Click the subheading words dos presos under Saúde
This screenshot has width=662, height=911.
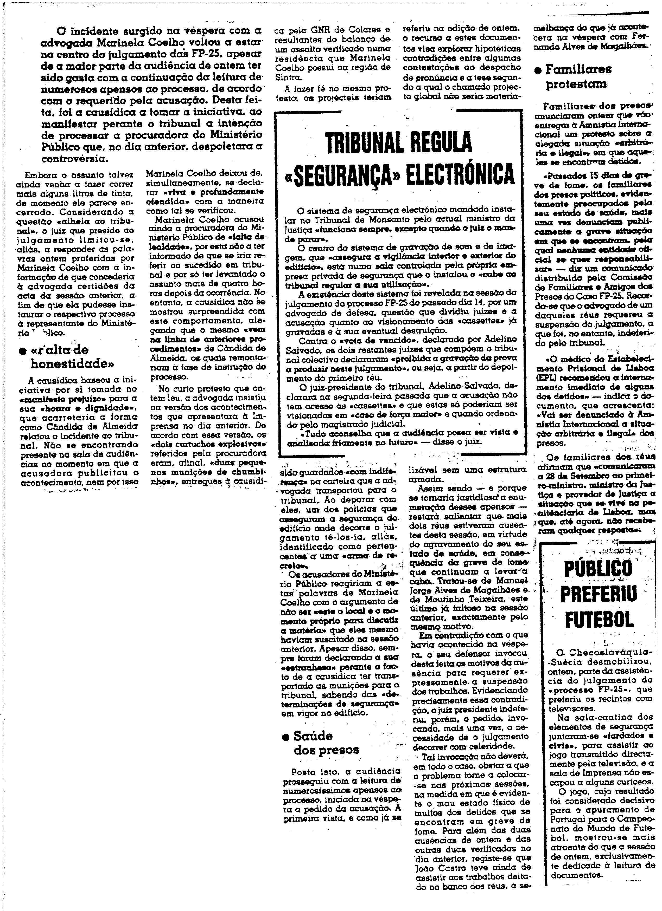326,750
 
